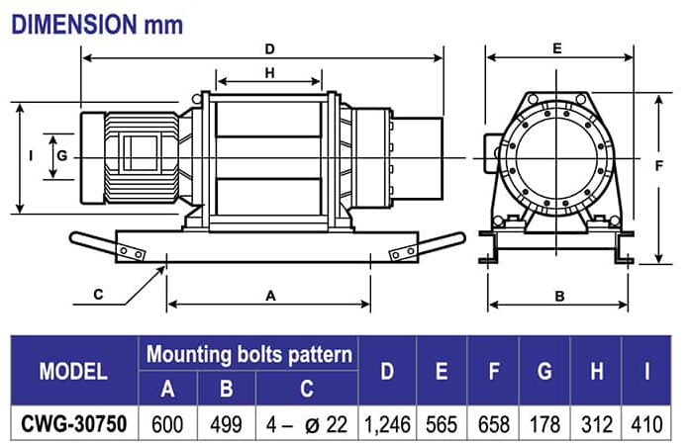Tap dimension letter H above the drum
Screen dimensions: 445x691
(269, 72)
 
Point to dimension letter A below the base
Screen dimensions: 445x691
(269, 295)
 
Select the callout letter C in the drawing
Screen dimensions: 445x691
(98, 295)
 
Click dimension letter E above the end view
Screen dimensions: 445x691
(557, 46)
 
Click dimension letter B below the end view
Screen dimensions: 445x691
(558, 295)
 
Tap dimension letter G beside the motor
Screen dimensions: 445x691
(61, 156)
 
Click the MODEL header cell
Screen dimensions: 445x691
(72, 371)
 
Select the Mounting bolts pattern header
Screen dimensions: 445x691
(249, 353)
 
